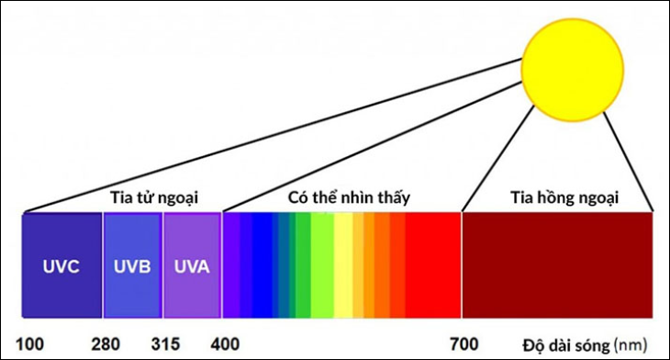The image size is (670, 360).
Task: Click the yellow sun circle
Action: (573, 69)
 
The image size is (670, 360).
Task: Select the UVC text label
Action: (61, 267)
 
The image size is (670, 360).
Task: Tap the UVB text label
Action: (132, 267)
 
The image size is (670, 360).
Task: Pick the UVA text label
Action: (192, 267)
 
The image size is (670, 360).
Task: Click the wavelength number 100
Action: (29, 344)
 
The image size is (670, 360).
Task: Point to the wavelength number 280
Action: (106, 344)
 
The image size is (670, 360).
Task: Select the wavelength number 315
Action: (165, 344)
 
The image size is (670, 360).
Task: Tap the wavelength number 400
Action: (225, 344)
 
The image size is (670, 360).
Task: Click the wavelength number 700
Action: (464, 344)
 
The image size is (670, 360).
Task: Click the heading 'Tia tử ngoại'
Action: (154, 198)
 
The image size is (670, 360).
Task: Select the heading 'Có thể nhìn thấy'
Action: (349, 197)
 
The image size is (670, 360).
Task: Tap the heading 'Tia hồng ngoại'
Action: (564, 198)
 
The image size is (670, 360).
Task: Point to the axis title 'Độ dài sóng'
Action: (565, 345)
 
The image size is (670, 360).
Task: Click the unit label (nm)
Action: (631, 345)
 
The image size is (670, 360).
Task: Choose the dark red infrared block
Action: (558, 265)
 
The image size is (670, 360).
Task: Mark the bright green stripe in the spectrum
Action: (303, 265)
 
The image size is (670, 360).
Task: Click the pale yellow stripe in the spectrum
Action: (343, 265)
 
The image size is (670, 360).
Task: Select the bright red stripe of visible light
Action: (433, 265)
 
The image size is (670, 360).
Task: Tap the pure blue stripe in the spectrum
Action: (262, 265)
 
